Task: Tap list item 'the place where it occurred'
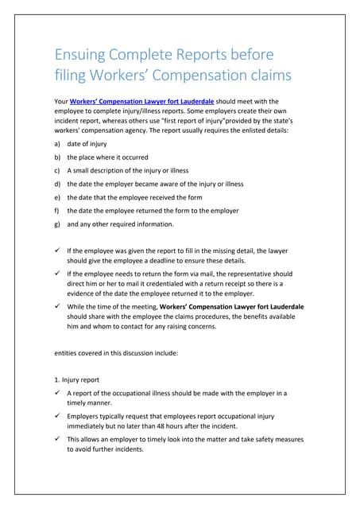click(x=107, y=157)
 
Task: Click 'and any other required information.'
click(x=119, y=224)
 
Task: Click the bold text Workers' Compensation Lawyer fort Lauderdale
click(x=231, y=306)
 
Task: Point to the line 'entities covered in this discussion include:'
click(x=117, y=352)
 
